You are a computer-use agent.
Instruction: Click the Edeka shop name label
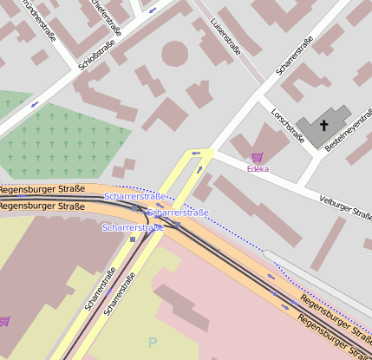coord(258,169)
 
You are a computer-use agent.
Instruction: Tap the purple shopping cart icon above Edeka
coord(257,157)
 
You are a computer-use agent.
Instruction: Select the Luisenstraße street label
coord(225,35)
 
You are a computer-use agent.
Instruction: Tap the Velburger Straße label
coord(344,205)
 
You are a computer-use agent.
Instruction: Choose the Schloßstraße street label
coord(97,53)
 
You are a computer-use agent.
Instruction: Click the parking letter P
coord(153,343)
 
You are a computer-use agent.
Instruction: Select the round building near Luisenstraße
coord(175,52)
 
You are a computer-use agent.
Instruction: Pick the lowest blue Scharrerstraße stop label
coord(133,228)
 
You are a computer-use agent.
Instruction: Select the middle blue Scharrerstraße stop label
coord(178,213)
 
